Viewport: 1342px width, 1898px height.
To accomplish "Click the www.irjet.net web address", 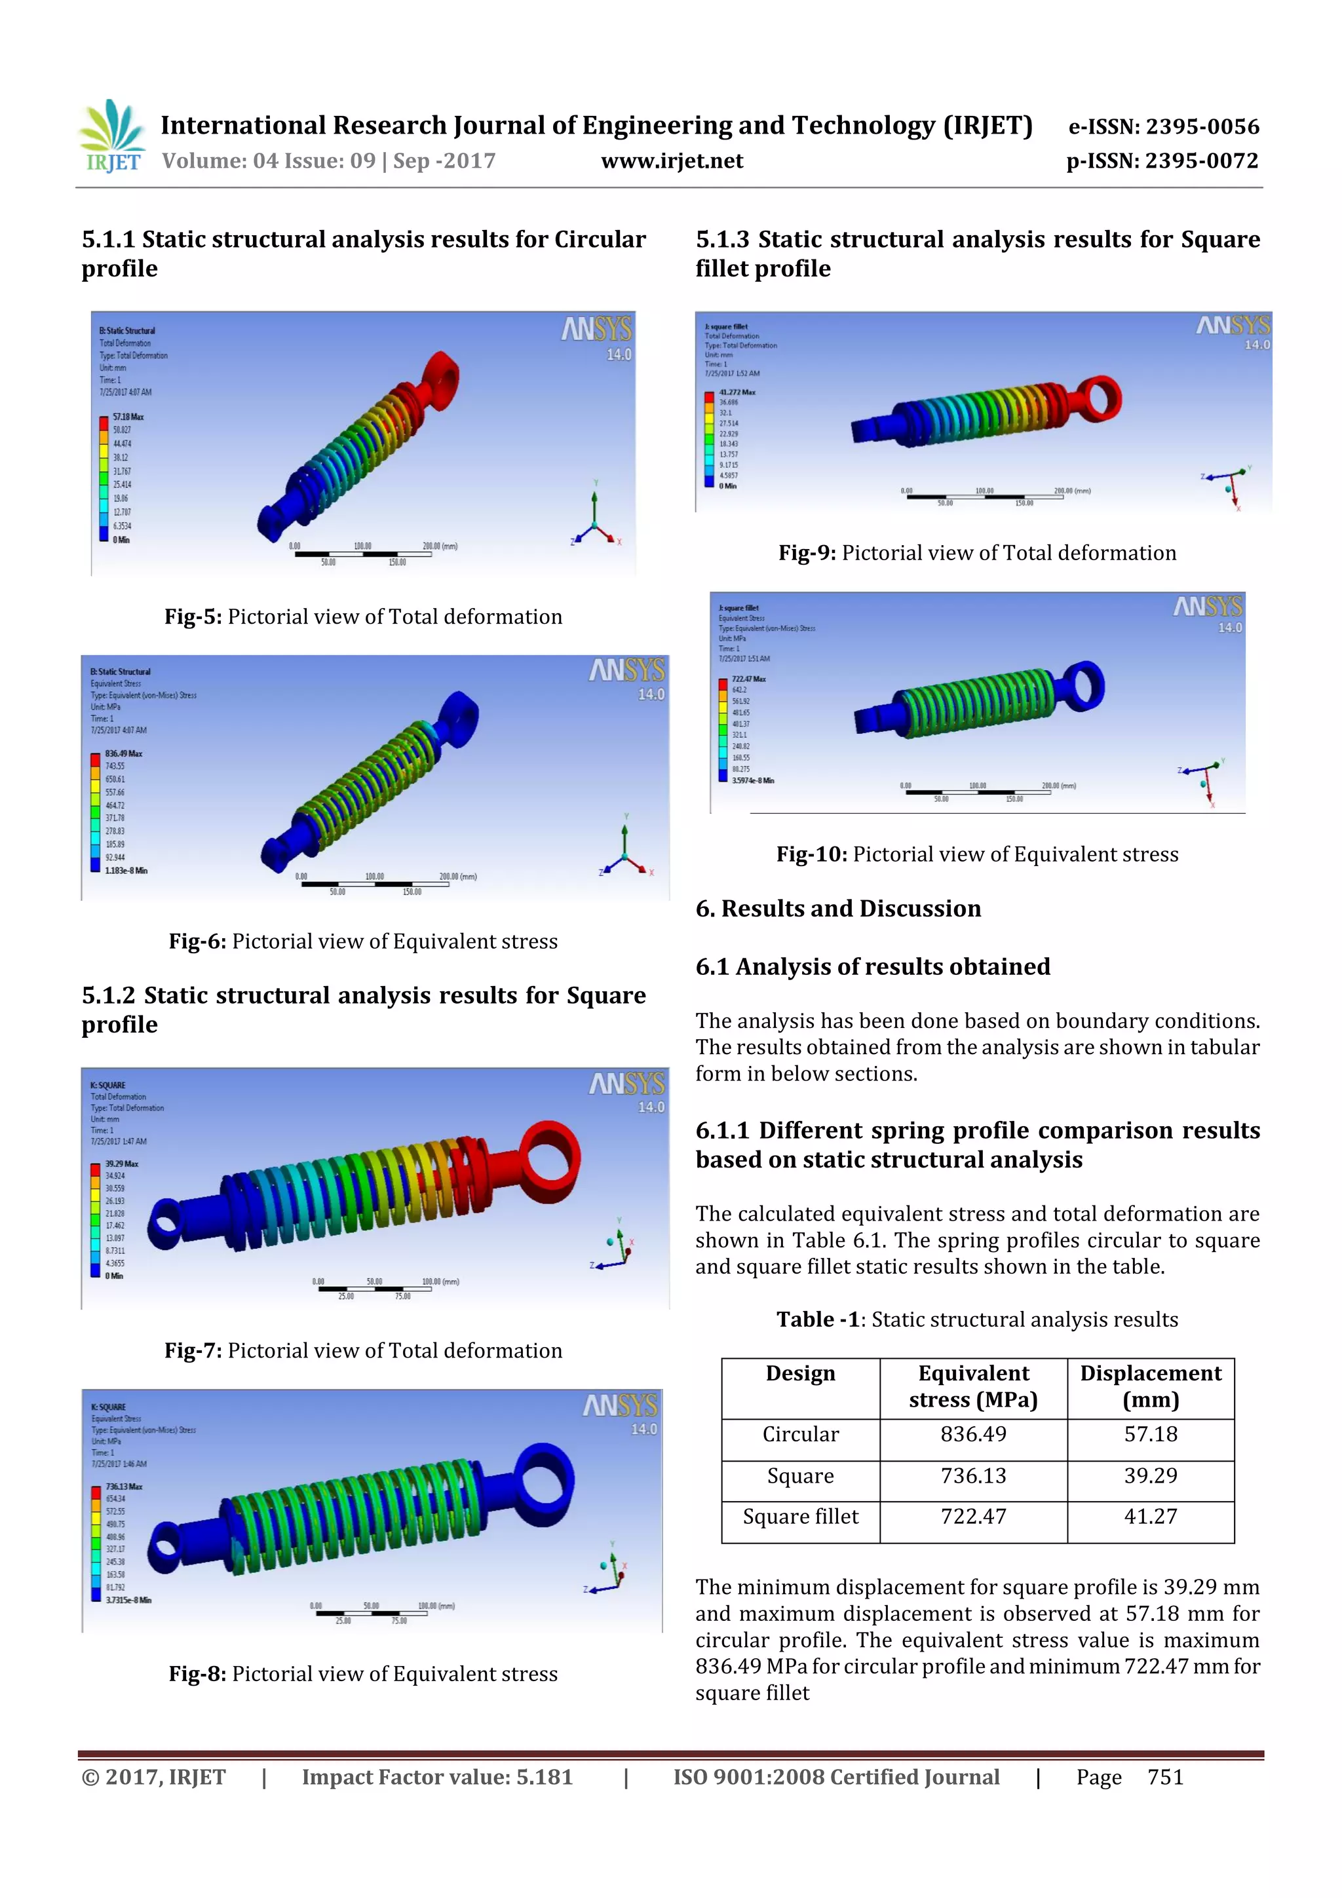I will tap(672, 161).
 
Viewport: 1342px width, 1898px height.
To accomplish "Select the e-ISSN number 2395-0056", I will tap(1163, 126).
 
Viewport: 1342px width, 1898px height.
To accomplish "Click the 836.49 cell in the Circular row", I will tap(972, 1434).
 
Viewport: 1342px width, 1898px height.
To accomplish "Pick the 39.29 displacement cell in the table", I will tap(1150, 1475).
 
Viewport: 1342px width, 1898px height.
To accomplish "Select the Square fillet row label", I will tap(799, 1517).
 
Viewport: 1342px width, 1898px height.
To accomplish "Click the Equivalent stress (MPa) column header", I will tap(972, 1386).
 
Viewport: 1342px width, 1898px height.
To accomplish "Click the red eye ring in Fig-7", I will tap(549, 1161).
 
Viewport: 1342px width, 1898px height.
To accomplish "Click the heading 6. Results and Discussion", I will tap(837, 909).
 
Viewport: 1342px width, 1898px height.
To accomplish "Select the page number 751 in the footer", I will tap(1165, 1777).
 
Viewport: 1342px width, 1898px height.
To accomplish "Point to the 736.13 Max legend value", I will tap(123, 1487).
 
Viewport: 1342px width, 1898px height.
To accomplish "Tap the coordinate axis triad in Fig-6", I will tap(625, 852).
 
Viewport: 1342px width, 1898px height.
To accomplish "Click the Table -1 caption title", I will tap(976, 1319).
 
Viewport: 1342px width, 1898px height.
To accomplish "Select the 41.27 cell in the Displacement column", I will tap(1150, 1517).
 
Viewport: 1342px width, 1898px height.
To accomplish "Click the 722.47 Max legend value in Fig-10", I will tap(748, 679).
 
